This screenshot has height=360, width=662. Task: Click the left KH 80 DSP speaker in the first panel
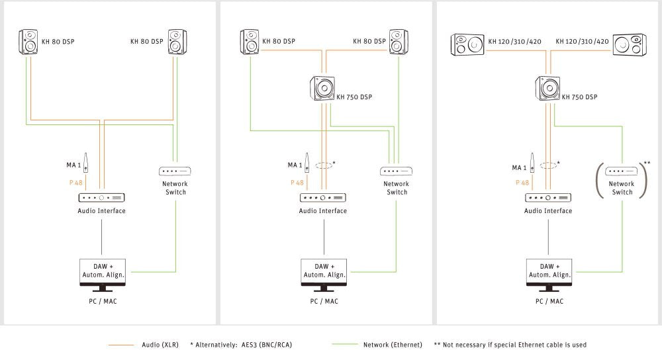[x=29, y=41]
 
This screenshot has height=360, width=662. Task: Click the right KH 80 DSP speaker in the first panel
[x=176, y=41]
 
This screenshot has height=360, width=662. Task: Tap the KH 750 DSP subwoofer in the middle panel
[x=324, y=89]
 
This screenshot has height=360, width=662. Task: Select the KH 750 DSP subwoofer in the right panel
[x=549, y=89]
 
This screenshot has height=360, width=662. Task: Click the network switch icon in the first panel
[x=175, y=171]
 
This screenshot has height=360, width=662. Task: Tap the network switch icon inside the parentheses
[x=622, y=171]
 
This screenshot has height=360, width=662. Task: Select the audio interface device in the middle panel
[x=322, y=197]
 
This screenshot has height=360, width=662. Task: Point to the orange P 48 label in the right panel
[x=523, y=182]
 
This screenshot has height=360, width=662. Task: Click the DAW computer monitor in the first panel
[x=102, y=274]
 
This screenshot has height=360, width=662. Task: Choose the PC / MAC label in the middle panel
[x=324, y=301]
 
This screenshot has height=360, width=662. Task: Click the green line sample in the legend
[x=344, y=345]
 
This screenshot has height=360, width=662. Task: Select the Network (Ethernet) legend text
[x=393, y=345]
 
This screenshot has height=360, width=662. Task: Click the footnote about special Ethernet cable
[x=510, y=345]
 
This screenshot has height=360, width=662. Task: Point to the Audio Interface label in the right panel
[x=547, y=211]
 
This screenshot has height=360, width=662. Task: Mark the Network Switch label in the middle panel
[x=397, y=188]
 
